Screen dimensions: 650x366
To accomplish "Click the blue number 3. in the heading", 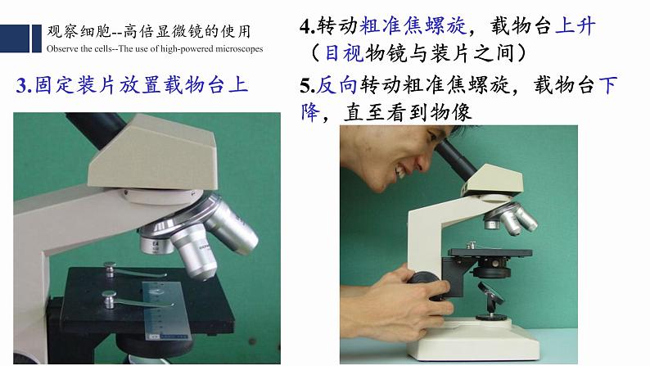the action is coord(24,85).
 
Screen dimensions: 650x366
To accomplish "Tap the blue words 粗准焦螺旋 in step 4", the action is coord(413,26).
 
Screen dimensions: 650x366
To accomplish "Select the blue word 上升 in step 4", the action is coord(576,26).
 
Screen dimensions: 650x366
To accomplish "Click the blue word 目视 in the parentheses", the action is coord(344,53).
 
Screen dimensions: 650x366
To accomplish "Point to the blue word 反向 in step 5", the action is coord(337,85).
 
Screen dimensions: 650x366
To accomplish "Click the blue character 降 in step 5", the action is coord(310,112).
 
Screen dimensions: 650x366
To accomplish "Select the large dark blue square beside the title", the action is coord(15,38).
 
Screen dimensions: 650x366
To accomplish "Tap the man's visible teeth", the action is coord(401,171).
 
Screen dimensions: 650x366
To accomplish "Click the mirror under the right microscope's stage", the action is coord(491,293).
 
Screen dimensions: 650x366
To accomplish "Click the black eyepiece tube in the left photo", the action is coord(96,129).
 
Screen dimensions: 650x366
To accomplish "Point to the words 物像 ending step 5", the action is coord(451,112).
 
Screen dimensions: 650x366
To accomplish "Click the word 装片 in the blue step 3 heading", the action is coord(96,85).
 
